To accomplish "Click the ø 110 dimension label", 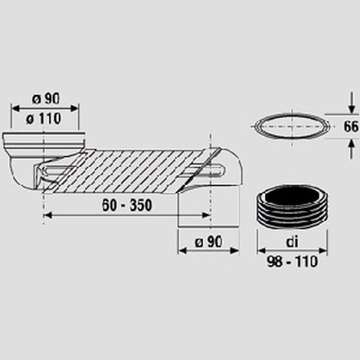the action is click(x=43, y=118).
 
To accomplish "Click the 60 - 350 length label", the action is click(x=127, y=205).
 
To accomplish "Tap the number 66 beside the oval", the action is click(x=351, y=127).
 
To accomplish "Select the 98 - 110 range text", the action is click(x=293, y=261).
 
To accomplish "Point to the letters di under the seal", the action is click(x=293, y=242).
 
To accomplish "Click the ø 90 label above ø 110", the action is click(x=46, y=99).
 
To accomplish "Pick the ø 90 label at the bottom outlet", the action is click(x=208, y=242).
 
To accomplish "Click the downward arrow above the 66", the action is click(x=351, y=103).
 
